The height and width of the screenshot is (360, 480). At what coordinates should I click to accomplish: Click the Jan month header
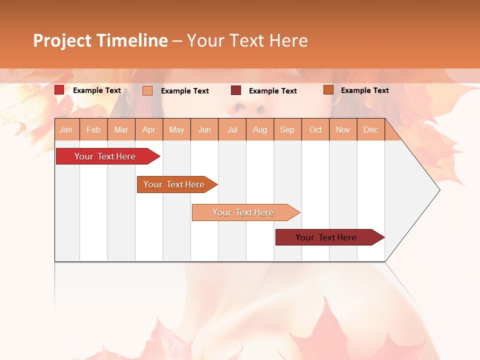[x=66, y=130]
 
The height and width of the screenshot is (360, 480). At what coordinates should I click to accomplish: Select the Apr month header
[x=149, y=130]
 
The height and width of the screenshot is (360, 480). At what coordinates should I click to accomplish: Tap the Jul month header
[x=232, y=130]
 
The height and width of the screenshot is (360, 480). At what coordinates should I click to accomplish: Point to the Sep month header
[x=287, y=130]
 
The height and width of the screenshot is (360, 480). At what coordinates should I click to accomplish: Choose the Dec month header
[x=370, y=130]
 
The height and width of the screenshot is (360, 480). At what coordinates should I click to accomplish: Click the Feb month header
[x=93, y=130]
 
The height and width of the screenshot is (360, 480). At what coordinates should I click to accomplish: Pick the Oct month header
[x=315, y=130]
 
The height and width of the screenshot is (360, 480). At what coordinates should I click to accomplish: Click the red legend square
[x=59, y=90]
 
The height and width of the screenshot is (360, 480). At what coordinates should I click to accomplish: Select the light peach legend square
[x=147, y=90]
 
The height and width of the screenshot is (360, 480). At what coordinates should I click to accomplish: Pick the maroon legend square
[x=236, y=90]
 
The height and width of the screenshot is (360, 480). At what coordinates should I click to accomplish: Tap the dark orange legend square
[x=328, y=90]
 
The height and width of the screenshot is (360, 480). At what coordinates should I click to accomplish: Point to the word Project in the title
[x=62, y=40]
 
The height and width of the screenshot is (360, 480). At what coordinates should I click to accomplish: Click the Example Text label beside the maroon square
[x=272, y=91]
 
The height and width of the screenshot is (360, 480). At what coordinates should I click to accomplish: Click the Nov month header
[x=343, y=130]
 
